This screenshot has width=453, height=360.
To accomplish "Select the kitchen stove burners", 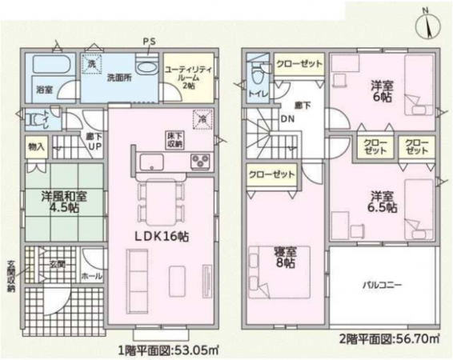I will pyautogui.click(x=200, y=162).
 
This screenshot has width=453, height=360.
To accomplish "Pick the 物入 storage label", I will pyautogui.click(x=36, y=148).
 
